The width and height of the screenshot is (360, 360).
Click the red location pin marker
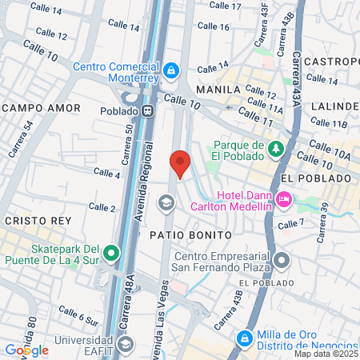180,162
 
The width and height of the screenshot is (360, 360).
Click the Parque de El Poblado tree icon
276,149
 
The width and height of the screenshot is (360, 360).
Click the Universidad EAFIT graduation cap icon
126,344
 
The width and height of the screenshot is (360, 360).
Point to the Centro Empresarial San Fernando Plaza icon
282,259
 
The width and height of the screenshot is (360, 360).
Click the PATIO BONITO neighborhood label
190,234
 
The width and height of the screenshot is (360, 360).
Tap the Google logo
26,350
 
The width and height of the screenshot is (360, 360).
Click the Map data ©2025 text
326,354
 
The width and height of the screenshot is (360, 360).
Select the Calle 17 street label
225,6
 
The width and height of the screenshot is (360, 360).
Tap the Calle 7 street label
290,224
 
